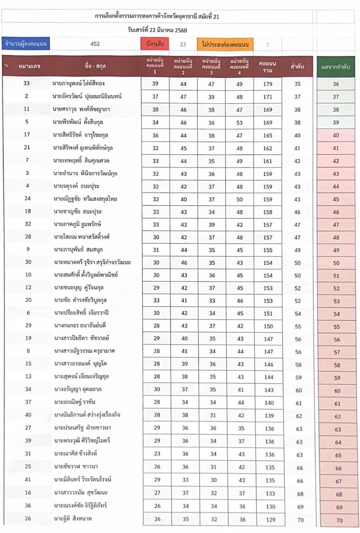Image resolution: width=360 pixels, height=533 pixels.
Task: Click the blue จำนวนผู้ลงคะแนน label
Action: click(26, 44)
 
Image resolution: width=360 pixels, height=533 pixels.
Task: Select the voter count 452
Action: click(95, 44)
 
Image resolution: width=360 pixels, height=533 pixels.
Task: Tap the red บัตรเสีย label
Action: click(155, 44)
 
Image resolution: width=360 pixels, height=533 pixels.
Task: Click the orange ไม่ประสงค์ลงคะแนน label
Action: click(225, 44)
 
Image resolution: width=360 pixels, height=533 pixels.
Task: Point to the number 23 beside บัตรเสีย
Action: click(183, 44)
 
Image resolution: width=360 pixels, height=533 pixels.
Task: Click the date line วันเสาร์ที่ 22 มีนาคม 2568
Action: click(157, 30)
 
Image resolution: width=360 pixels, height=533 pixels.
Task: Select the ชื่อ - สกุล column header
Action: click(95, 66)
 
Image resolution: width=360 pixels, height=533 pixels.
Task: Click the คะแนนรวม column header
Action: click(268, 66)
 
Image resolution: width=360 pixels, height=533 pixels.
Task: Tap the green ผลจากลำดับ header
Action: click(336, 66)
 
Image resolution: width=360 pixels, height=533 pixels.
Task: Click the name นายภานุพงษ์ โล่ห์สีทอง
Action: click(78, 83)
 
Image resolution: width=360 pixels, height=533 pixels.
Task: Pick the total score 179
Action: click(268, 84)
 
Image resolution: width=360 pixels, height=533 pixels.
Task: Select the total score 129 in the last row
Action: click(270, 519)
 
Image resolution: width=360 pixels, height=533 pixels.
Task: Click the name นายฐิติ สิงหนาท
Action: click(73, 518)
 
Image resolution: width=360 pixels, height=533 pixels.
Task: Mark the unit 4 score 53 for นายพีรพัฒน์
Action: click(239, 123)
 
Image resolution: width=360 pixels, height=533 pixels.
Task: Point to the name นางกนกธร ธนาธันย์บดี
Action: click(80, 325)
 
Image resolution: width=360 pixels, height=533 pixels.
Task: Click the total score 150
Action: click(268, 326)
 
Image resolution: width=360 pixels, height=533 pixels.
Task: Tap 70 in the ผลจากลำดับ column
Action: click(339, 520)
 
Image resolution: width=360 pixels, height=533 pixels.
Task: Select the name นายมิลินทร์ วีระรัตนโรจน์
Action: click(83, 479)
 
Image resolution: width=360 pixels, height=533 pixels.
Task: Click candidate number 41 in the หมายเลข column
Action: click(28, 479)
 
